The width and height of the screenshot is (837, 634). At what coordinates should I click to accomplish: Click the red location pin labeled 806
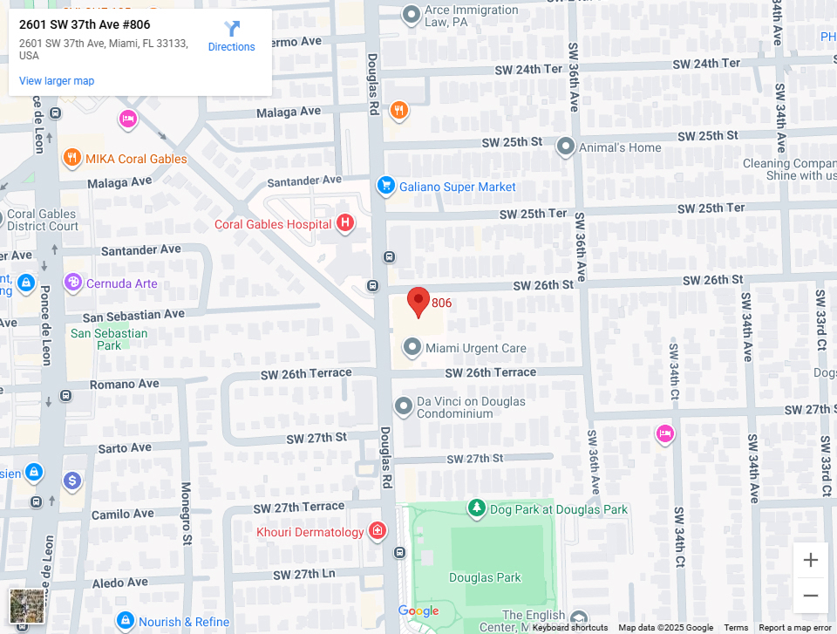(418, 301)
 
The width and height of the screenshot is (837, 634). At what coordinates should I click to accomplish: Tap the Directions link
(231, 37)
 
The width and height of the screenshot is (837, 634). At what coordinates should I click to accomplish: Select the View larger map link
(57, 81)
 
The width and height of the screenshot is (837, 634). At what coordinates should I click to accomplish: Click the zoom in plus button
(810, 560)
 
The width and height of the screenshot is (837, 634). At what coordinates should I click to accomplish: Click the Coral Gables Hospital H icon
(345, 224)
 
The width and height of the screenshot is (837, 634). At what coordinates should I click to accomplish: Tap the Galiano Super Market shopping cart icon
(385, 186)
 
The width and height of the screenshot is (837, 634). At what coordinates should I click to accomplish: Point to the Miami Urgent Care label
(475, 348)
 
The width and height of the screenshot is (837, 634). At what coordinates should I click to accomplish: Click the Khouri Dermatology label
(310, 532)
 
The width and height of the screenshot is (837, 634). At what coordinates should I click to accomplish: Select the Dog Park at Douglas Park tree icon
(476, 508)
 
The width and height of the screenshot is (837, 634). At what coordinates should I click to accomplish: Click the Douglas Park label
(485, 577)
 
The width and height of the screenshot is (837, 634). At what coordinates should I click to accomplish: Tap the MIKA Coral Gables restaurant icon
(72, 158)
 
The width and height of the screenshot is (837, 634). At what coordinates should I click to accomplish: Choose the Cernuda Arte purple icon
(73, 283)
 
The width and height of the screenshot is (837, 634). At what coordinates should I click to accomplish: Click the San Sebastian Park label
(109, 339)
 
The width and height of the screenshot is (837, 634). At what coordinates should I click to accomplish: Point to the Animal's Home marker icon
(566, 147)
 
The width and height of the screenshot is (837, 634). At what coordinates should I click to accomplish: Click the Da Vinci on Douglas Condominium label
(471, 407)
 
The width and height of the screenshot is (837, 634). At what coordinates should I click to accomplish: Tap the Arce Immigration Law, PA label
(471, 17)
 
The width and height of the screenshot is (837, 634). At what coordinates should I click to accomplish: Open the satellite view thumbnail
(26, 606)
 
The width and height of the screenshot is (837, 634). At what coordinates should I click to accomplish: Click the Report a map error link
(795, 628)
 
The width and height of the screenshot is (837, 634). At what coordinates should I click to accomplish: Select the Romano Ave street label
(125, 384)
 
